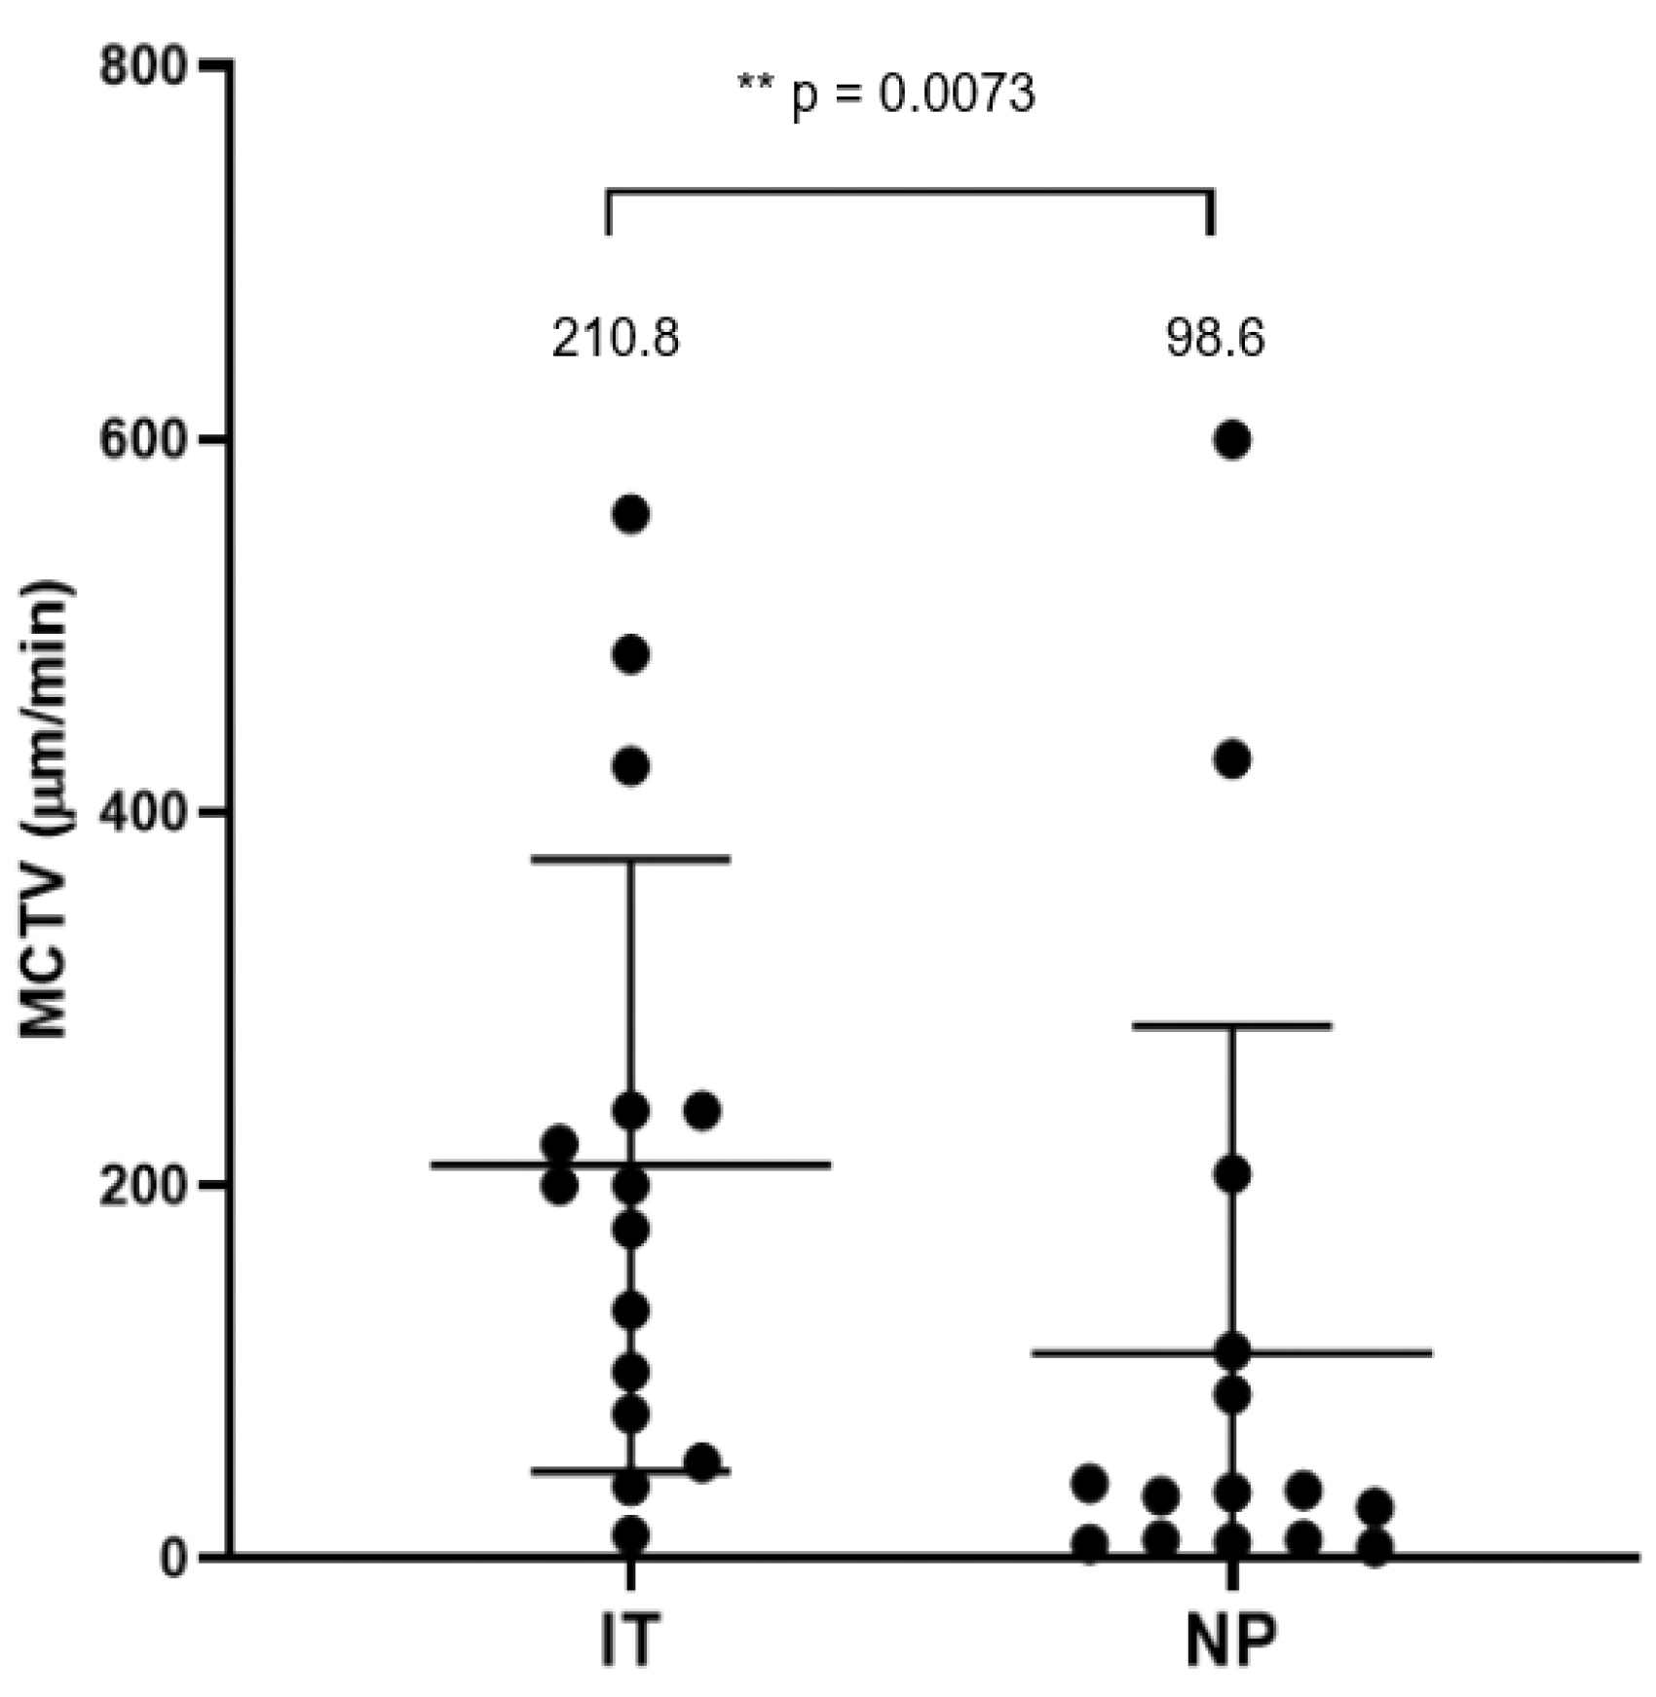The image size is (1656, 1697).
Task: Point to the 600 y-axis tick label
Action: [146, 439]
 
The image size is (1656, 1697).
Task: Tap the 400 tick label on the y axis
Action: [146, 811]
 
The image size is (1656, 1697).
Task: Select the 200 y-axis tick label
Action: [146, 1185]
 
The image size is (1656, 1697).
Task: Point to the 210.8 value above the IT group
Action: [616, 340]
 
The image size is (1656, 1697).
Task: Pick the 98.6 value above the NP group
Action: [1216, 340]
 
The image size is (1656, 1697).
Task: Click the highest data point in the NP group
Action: [1233, 441]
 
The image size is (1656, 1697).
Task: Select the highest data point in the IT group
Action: [631, 514]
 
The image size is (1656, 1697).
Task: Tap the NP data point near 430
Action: [1233, 759]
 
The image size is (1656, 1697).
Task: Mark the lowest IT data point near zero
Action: [631, 1535]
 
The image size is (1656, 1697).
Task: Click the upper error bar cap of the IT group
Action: [631, 859]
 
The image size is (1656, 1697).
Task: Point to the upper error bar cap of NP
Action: [1233, 1025]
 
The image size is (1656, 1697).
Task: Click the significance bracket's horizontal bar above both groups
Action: [910, 191]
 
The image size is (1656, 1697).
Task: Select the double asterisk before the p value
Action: [755, 84]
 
